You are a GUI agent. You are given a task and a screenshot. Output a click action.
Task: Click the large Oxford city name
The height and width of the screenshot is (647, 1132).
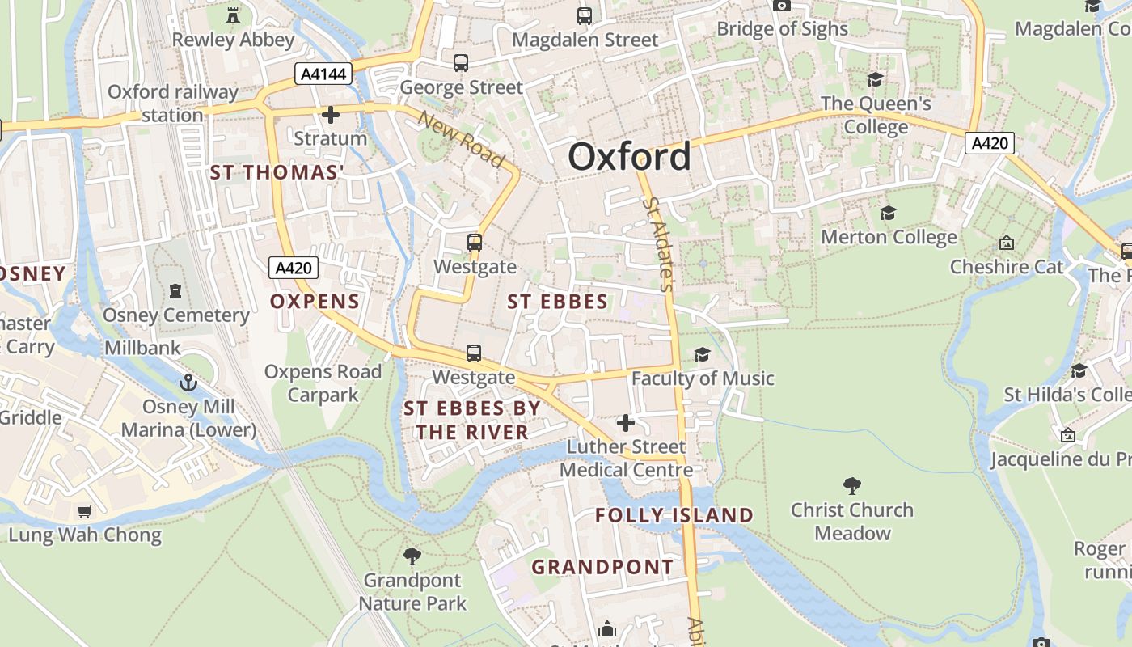pos(629,156)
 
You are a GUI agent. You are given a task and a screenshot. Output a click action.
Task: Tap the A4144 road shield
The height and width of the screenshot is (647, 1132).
pos(323,74)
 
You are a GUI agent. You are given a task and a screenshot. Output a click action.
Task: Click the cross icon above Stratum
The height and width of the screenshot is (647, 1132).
pos(330,115)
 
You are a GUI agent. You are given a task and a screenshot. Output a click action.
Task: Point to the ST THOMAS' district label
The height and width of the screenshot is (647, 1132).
pos(277,172)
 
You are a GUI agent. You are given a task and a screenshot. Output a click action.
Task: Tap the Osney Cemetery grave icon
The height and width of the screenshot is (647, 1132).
pos(175,291)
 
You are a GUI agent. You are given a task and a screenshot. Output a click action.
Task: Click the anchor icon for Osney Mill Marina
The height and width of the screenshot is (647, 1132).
pos(188,382)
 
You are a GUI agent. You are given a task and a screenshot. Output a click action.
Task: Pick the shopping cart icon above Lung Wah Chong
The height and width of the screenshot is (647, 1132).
pos(85,511)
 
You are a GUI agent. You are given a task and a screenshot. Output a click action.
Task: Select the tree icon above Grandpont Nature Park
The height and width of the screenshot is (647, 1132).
pos(412,556)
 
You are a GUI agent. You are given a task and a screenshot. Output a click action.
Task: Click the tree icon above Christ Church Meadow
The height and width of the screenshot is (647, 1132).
pos(851,485)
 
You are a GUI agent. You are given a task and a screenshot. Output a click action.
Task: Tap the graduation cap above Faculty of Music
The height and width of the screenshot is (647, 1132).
pos(702,354)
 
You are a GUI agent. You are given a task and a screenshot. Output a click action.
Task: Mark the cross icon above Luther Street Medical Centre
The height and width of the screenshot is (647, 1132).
pos(625,423)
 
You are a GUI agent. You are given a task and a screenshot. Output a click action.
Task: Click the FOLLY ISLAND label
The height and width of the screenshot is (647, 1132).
pos(674,515)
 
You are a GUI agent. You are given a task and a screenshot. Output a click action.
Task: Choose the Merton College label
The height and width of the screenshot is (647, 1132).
pos(889,237)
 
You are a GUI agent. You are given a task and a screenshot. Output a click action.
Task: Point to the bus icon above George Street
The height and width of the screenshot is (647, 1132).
pos(461,63)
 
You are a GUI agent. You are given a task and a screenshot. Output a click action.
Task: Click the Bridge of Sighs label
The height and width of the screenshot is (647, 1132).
pos(782,29)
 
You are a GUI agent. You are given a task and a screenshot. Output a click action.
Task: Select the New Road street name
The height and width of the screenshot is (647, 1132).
pos(461,139)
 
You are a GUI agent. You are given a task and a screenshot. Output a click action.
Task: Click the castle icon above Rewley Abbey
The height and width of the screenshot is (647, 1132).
pos(233,15)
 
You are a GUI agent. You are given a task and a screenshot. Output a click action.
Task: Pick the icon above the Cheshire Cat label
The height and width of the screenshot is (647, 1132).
pos(1007,243)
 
